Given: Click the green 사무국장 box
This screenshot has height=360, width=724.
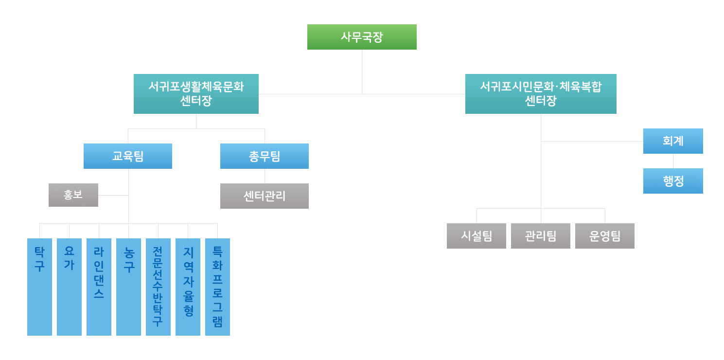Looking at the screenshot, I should click(362, 37).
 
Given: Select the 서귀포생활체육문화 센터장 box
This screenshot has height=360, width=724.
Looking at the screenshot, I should click(196, 94).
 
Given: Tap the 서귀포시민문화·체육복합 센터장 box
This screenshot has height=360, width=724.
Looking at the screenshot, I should click(541, 94).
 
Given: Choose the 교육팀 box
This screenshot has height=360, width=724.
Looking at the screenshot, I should click(128, 156).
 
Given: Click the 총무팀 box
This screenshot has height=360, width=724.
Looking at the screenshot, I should click(265, 156).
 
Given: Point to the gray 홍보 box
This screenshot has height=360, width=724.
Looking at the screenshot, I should click(73, 195).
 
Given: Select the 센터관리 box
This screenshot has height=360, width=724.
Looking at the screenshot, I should click(265, 196).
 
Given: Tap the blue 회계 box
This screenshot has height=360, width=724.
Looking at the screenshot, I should click(673, 141).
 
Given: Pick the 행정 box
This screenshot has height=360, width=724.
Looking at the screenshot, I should click(673, 181).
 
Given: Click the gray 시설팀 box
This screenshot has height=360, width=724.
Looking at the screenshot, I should click(477, 236).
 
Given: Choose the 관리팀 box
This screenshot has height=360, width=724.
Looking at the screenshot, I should click(541, 236).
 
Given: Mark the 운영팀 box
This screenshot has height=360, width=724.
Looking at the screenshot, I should click(605, 236).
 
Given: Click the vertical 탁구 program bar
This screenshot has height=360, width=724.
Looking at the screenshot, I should click(39, 287).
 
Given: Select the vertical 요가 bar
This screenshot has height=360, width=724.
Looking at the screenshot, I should click(69, 287).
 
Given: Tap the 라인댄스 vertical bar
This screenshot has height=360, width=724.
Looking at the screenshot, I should click(99, 287).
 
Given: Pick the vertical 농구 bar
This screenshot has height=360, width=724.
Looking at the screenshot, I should click(128, 287).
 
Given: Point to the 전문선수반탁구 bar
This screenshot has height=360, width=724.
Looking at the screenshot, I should click(158, 287).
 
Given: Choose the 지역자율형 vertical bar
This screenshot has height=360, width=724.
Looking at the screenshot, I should click(188, 287).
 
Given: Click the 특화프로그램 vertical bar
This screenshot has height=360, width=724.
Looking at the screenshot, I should click(217, 287).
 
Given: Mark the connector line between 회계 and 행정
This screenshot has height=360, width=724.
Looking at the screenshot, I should click(673, 161).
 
